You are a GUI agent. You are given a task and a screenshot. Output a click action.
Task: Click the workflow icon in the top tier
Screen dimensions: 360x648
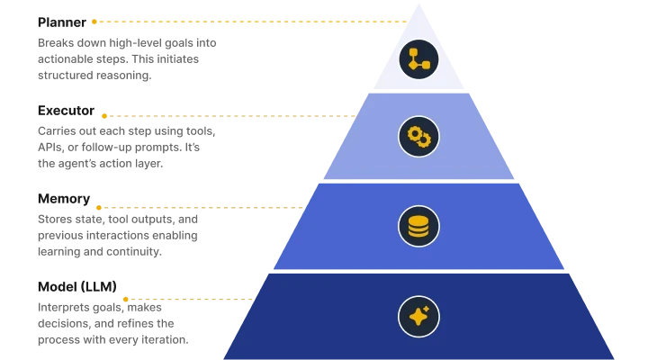pos(418,59)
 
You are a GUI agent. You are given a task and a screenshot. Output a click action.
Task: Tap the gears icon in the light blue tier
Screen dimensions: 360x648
pos(418,136)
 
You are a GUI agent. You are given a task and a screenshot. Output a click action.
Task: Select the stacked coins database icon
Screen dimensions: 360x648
pos(418,226)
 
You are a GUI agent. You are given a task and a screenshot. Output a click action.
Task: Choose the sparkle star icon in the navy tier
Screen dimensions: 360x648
pos(418,316)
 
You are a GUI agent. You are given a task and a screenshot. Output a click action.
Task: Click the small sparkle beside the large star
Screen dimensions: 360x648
pos(426,309)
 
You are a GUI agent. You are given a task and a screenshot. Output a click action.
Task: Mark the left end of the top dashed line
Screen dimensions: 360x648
pos(94,21)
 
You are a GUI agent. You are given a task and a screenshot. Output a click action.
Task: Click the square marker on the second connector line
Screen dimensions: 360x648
pos(104,115)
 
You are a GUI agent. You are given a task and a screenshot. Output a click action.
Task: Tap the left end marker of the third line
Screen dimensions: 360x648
pos(99,208)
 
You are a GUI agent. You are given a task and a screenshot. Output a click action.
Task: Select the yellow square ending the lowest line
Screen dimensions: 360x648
pos(126,298)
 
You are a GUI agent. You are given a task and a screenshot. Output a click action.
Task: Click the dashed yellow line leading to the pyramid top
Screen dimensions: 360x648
pos(252,21)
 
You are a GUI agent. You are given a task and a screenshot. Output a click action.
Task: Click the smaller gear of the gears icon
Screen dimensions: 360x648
pos(424,140)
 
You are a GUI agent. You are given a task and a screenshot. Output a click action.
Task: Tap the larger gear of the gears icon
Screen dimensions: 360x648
pos(414,132)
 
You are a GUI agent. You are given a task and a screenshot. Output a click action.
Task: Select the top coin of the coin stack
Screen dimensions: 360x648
pos(418,219)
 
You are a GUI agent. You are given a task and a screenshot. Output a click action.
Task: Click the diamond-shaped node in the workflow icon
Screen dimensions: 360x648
pos(413,65)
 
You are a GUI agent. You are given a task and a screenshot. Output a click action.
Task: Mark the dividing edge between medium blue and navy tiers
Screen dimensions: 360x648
pos(418,271)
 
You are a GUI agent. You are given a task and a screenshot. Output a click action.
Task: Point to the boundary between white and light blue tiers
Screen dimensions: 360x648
pos(418,90)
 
